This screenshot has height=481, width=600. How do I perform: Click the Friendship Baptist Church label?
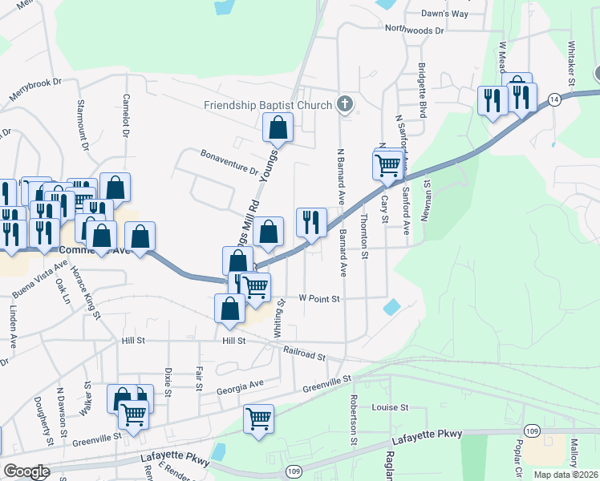point(267,105)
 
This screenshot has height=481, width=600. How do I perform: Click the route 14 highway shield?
point(554,99)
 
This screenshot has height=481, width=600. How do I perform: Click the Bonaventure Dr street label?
point(229,164)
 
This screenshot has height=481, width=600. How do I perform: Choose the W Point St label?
point(320,298)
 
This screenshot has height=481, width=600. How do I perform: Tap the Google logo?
point(26,471)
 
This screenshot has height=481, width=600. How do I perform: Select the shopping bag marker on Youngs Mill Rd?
point(278,127)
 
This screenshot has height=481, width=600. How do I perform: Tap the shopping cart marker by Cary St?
point(387,164)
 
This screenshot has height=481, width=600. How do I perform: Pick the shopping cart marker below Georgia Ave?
point(258,418)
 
